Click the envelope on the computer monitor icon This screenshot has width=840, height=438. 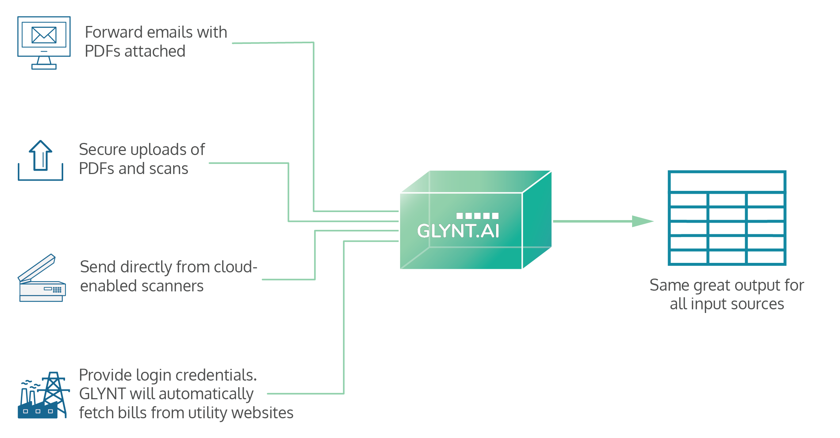[x=44, y=35]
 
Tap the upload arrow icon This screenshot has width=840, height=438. [x=41, y=156]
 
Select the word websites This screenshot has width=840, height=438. [x=262, y=413]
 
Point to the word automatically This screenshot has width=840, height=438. [x=206, y=394]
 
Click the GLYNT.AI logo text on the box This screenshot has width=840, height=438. [x=458, y=231]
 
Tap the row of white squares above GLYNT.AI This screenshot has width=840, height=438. [x=477, y=216]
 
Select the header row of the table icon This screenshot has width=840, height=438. [x=727, y=182]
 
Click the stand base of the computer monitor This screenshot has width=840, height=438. [x=44, y=67]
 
